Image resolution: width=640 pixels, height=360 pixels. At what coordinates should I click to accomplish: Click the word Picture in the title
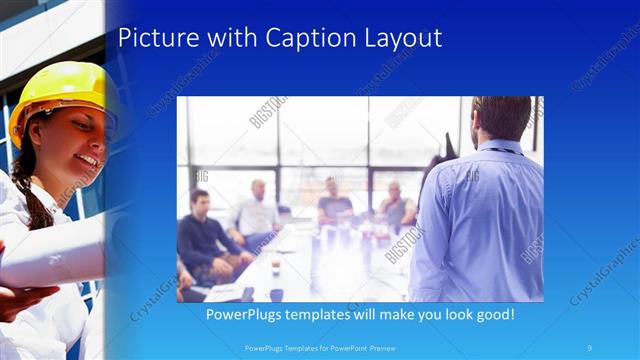[x=158, y=38]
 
